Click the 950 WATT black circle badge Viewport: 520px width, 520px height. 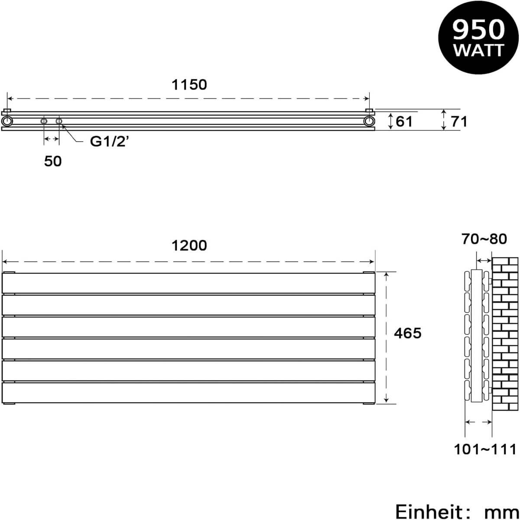coord(478,38)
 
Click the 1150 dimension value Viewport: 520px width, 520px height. coord(189,85)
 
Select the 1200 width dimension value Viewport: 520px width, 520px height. coord(189,246)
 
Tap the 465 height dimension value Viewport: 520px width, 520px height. coord(407,333)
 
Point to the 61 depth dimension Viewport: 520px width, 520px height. coord(404,122)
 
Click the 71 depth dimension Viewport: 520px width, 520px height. coord(459,122)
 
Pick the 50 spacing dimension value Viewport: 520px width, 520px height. coord(53,161)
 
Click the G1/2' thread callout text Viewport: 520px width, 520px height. coord(110,141)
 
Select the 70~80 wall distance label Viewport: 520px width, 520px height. coord(484,239)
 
